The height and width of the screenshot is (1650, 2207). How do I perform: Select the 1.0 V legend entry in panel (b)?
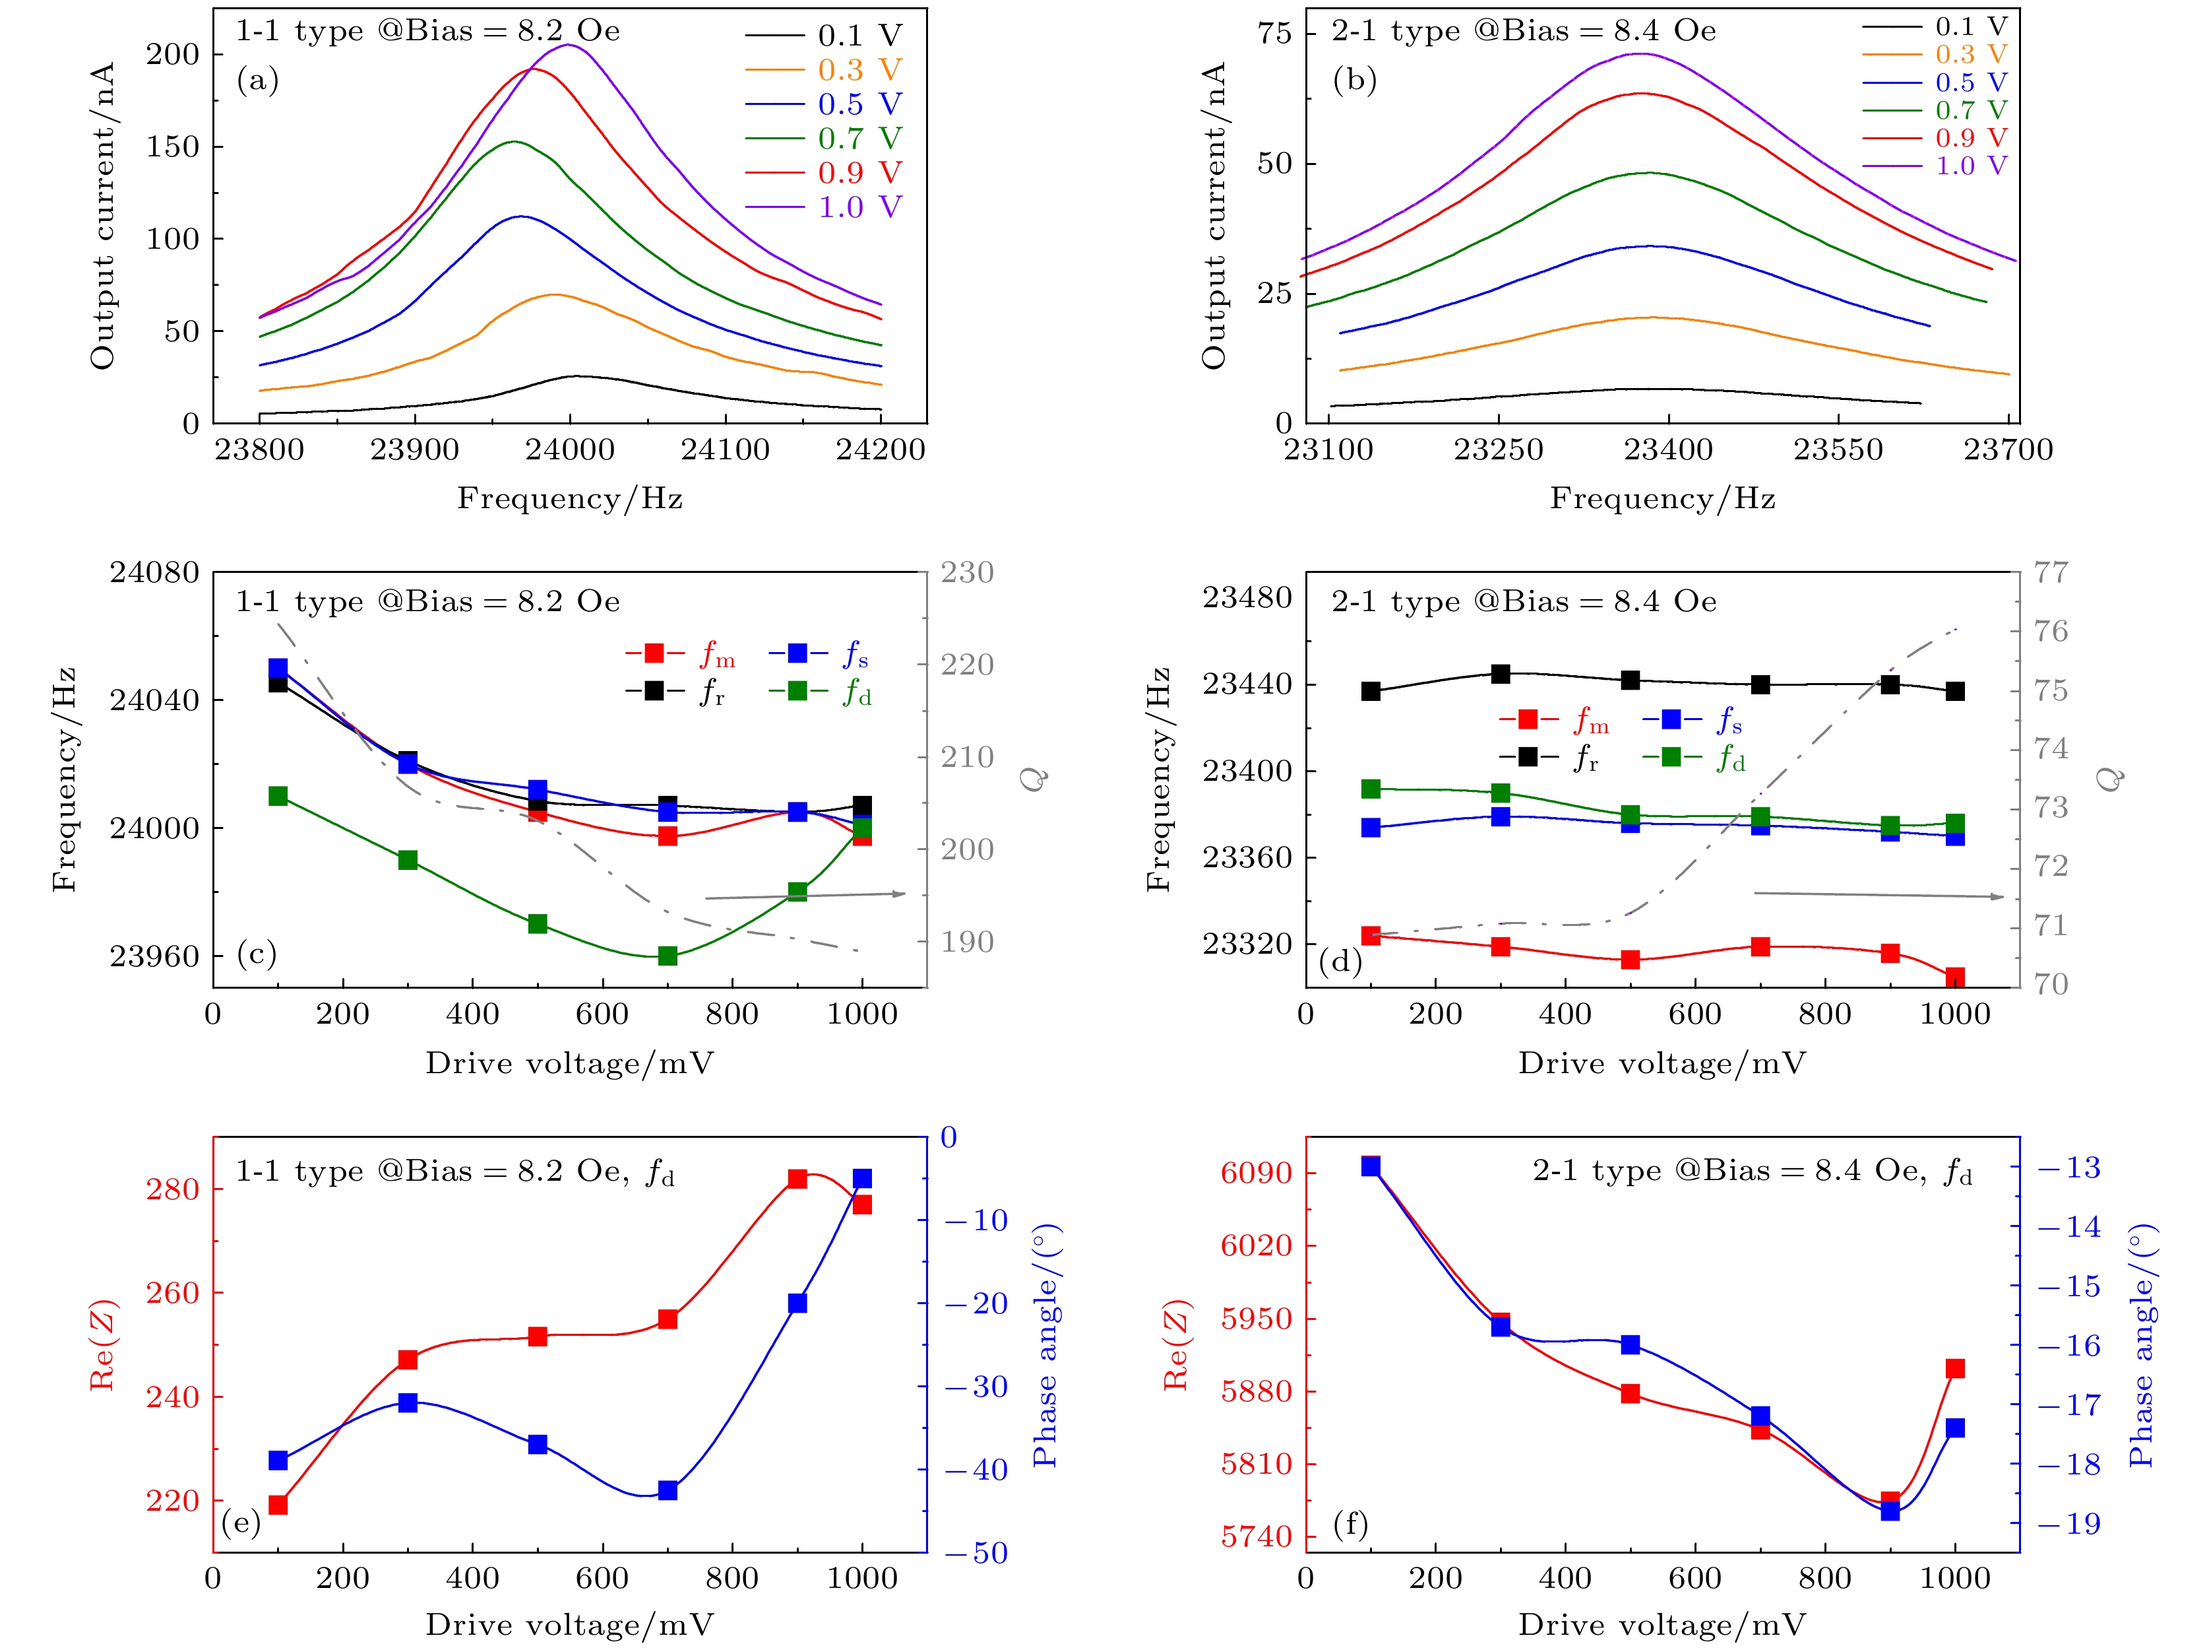click(1971, 166)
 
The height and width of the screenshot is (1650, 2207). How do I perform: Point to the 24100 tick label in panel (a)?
click(726, 450)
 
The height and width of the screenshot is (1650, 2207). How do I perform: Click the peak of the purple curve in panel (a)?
click(569, 45)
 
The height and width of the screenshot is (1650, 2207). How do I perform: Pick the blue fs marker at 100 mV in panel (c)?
click(278, 668)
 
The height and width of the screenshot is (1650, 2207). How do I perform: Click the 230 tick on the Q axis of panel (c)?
click(967, 573)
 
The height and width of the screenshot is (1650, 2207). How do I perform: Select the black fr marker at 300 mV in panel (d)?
click(1501, 674)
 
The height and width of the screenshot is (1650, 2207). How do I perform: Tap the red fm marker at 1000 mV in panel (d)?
click(1954, 976)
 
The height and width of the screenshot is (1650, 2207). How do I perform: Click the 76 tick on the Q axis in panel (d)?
click(2051, 631)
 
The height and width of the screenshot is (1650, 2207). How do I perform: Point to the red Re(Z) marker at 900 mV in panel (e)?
click(797, 1179)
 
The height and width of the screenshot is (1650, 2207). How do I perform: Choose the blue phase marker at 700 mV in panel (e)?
click(668, 1490)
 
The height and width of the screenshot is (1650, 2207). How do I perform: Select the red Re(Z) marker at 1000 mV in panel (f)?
click(1954, 1369)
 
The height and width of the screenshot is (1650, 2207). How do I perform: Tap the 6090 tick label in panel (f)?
click(1256, 1172)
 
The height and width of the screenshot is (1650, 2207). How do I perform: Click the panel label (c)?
click(257, 954)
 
